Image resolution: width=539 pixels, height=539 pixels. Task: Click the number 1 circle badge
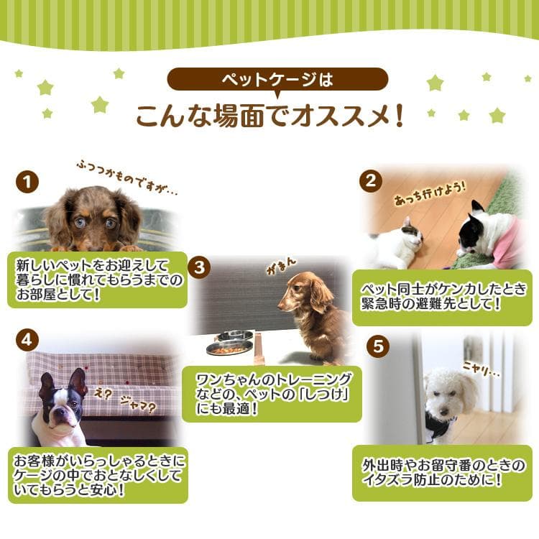click(27, 181)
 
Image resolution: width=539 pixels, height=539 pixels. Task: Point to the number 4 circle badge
click(27, 341)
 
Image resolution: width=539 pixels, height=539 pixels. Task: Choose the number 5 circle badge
click(377, 346)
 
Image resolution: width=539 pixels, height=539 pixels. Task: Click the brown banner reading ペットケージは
click(277, 79)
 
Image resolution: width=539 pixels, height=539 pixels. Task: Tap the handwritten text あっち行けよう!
click(420, 194)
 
